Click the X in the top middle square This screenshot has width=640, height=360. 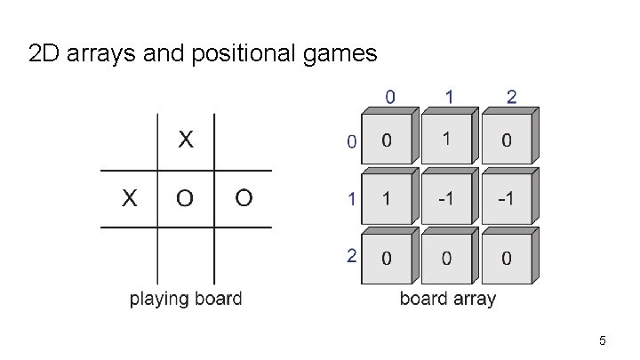(185, 140)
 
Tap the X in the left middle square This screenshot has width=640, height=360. (129, 198)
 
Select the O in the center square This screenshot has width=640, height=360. (185, 198)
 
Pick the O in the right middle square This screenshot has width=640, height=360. (244, 198)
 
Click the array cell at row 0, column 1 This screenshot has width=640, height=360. (446, 140)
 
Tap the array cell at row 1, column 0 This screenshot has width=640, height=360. (386, 199)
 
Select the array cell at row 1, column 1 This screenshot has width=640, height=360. (446, 199)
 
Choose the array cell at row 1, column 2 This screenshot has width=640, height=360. (505, 199)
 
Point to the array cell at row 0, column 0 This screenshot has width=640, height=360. (386, 140)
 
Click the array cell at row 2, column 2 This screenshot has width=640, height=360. (505, 259)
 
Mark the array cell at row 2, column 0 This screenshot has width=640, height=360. (386, 259)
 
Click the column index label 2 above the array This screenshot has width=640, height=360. (511, 96)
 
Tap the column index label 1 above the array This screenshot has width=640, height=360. (451, 96)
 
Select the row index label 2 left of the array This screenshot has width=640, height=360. (351, 256)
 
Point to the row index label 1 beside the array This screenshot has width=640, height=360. (352, 199)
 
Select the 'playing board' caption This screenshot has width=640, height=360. (186, 299)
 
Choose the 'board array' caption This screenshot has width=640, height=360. (447, 299)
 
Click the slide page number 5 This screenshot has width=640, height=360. (603, 341)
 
